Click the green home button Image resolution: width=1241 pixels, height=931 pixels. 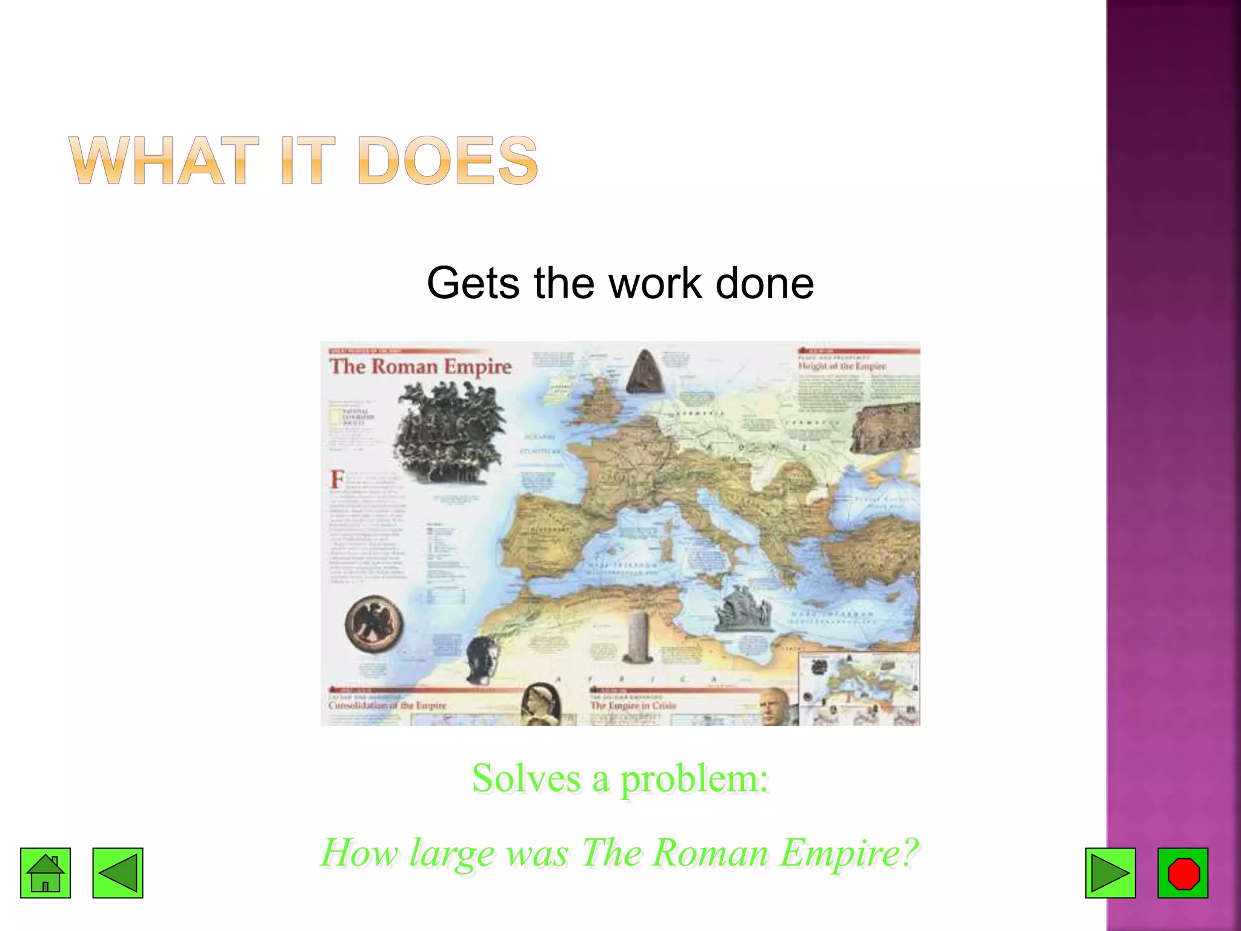click(x=45, y=873)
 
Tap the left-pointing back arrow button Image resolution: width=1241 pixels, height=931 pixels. click(x=118, y=873)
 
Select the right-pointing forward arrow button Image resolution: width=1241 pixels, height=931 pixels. click(x=1110, y=873)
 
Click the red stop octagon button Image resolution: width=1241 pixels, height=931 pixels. click(x=1183, y=873)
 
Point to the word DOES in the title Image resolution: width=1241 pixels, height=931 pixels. click(x=448, y=161)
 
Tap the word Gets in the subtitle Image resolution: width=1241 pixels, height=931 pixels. click(x=473, y=283)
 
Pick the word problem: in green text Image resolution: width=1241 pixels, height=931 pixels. click(x=694, y=779)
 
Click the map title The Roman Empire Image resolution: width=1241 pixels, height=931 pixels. click(x=421, y=367)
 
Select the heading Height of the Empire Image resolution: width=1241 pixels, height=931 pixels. click(x=842, y=366)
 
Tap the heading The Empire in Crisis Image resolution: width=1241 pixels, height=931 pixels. click(x=633, y=706)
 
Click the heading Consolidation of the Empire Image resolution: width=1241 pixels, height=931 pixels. click(x=387, y=706)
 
